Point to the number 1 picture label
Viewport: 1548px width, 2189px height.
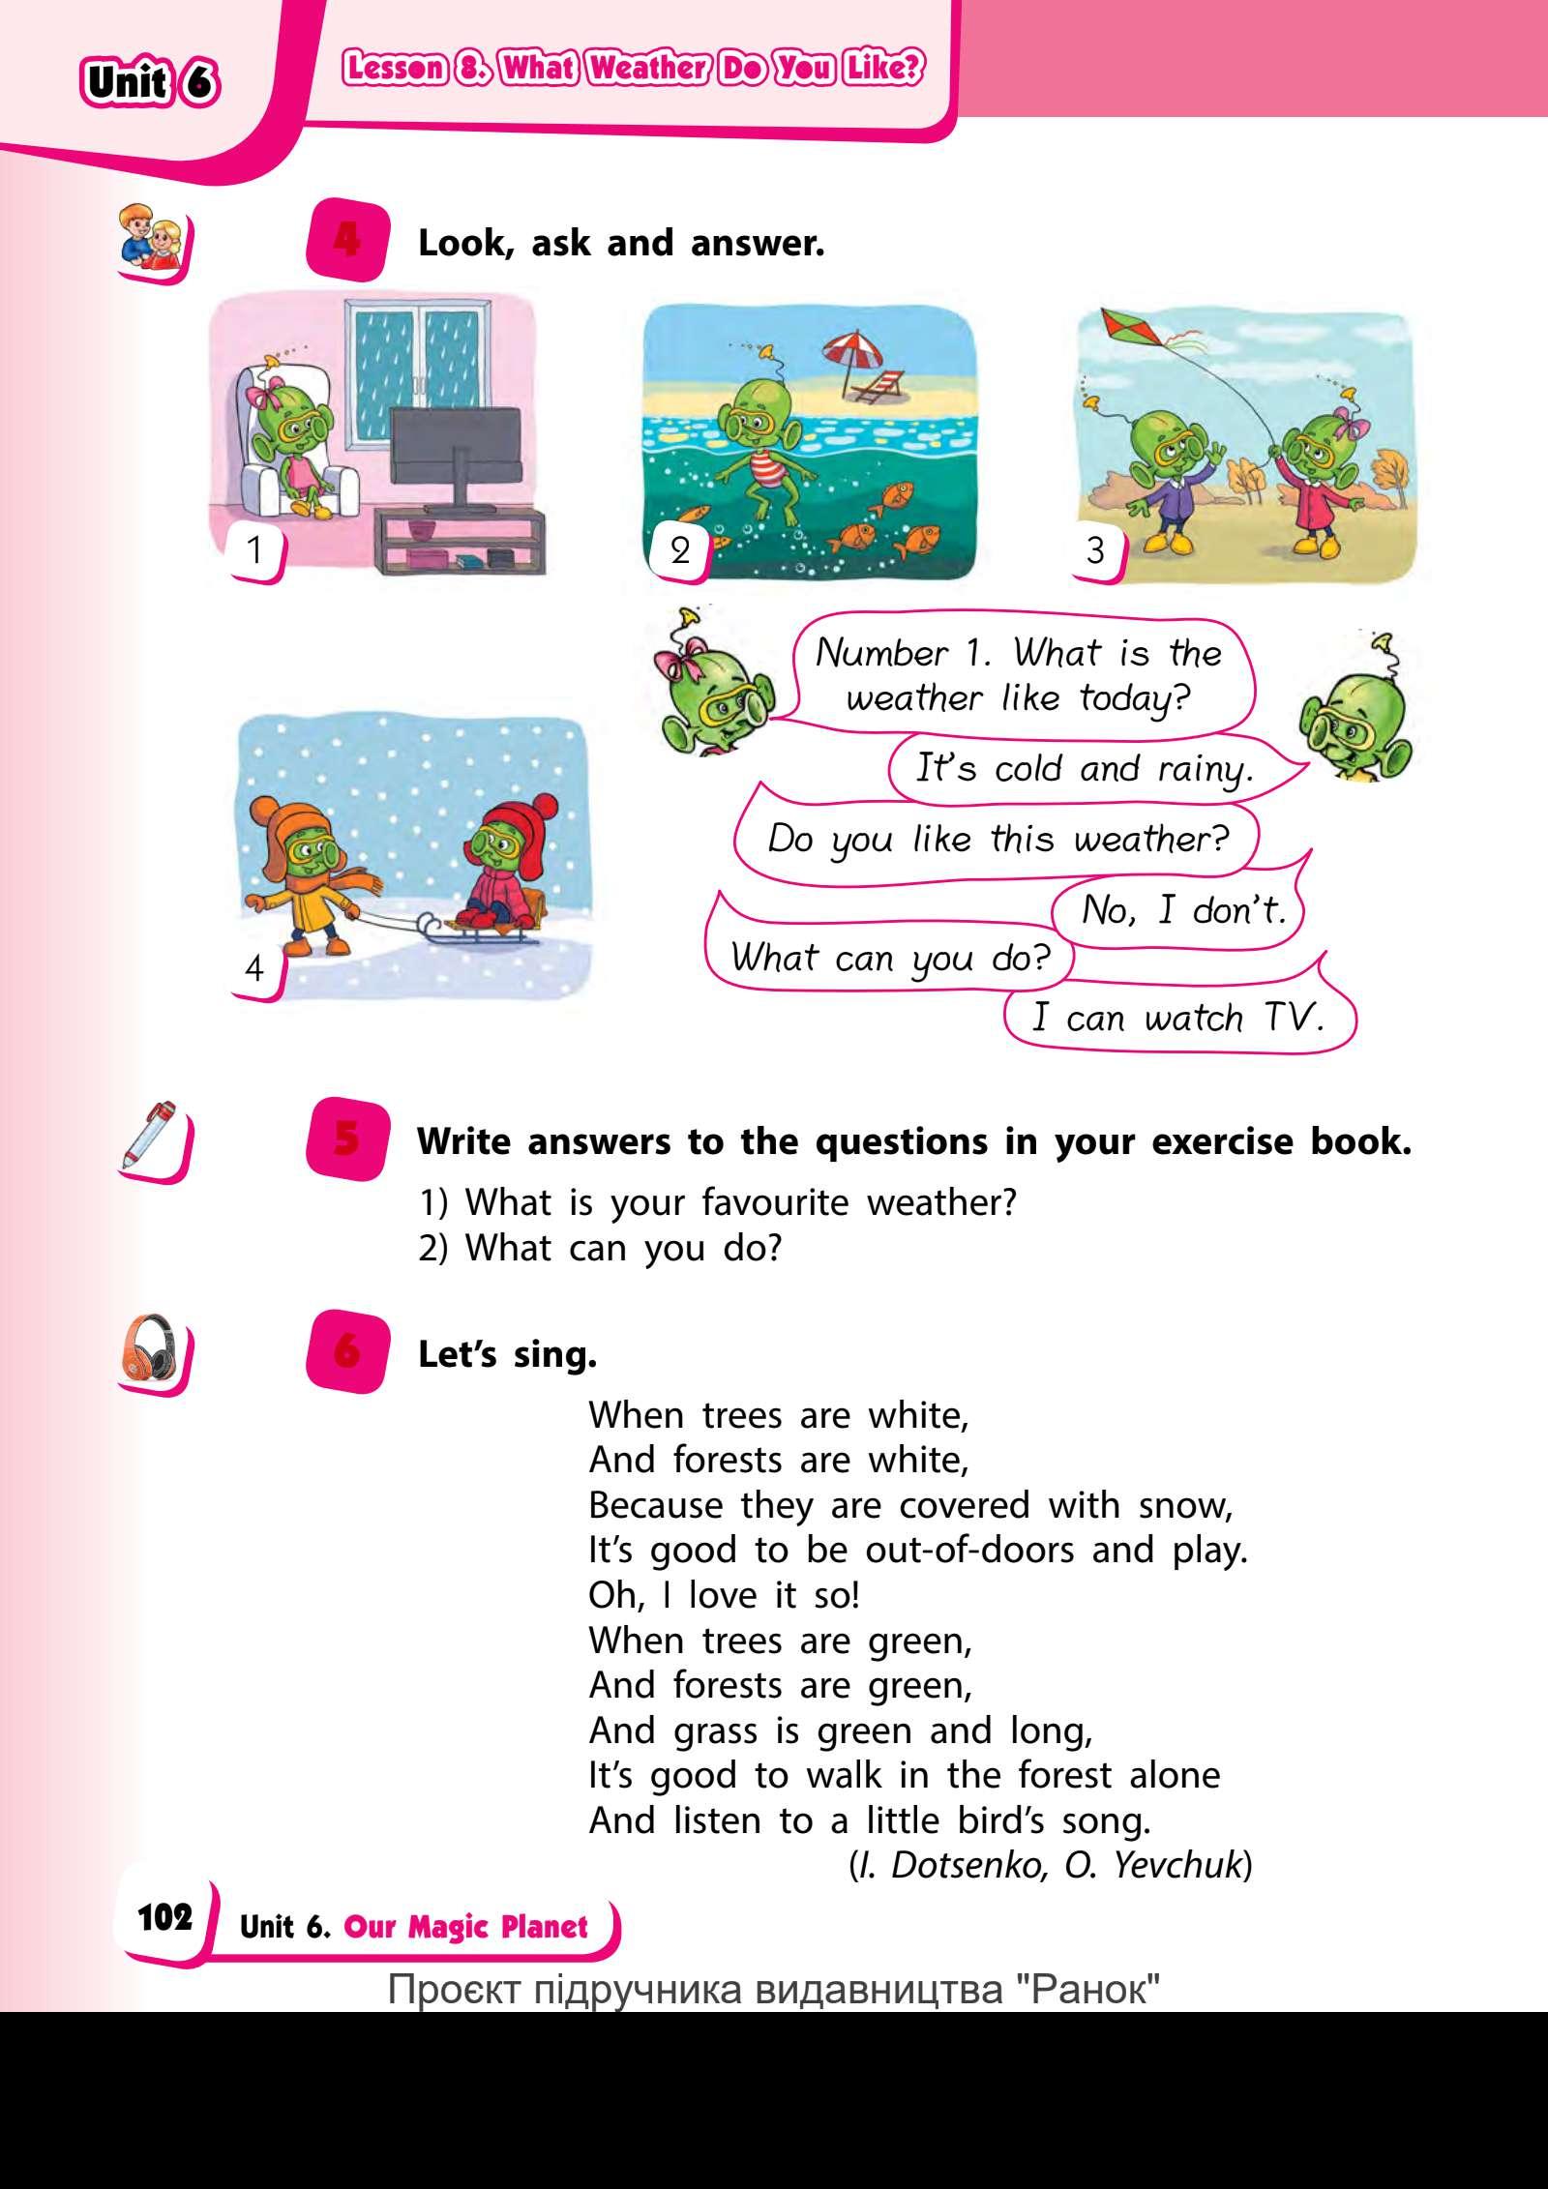255,550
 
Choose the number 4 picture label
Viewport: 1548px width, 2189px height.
255,967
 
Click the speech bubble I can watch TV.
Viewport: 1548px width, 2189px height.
1176,1019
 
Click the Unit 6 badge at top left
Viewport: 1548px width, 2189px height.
151,83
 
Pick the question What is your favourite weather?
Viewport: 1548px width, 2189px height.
718,1203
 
